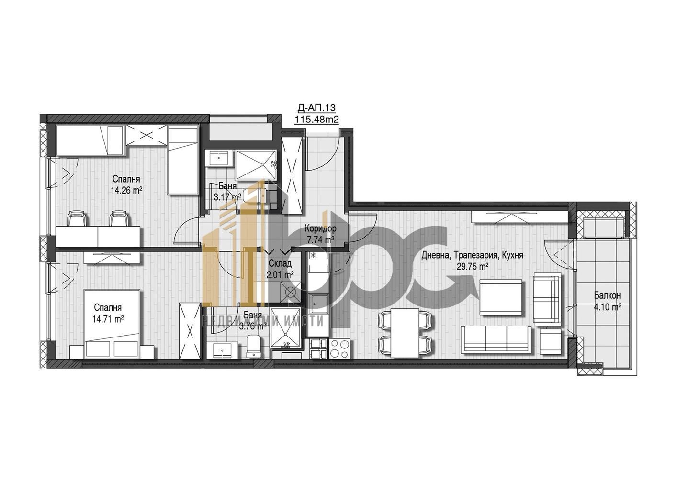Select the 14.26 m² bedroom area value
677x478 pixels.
(126, 190)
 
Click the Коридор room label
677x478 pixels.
(320, 229)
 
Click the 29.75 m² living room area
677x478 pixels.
(472, 267)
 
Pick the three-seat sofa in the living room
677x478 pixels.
(496, 339)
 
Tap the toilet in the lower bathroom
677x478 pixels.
(253, 346)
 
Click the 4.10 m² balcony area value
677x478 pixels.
(608, 307)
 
